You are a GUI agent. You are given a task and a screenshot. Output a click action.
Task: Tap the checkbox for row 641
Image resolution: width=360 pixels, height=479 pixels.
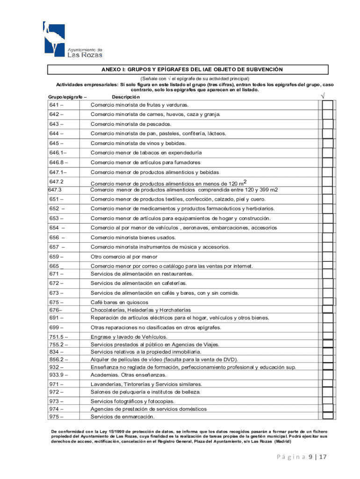pos(328,105)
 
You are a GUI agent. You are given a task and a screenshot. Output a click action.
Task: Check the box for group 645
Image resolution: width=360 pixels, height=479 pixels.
pos(328,143)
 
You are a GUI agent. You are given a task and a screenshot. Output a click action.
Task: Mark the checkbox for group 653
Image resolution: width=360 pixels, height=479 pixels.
pos(328,218)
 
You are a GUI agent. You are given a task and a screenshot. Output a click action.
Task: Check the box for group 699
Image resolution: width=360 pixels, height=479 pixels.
pos(328,327)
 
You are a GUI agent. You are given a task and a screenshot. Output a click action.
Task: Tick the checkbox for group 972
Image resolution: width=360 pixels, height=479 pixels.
pos(328,392)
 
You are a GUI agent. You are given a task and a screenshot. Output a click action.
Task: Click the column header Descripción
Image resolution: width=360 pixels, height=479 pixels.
pos(126,96)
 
